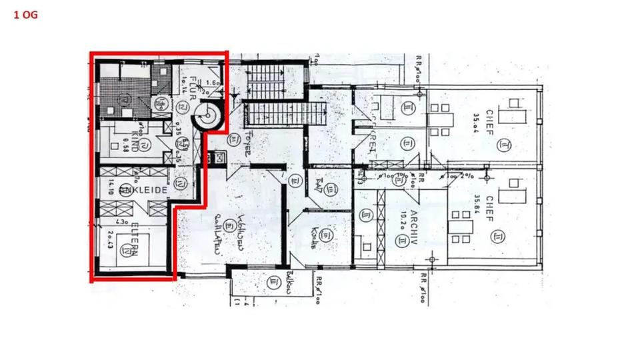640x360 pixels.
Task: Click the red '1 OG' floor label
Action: (x=25, y=13)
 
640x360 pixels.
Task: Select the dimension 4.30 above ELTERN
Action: (x=123, y=222)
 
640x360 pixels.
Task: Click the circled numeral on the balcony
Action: (x=273, y=283)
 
